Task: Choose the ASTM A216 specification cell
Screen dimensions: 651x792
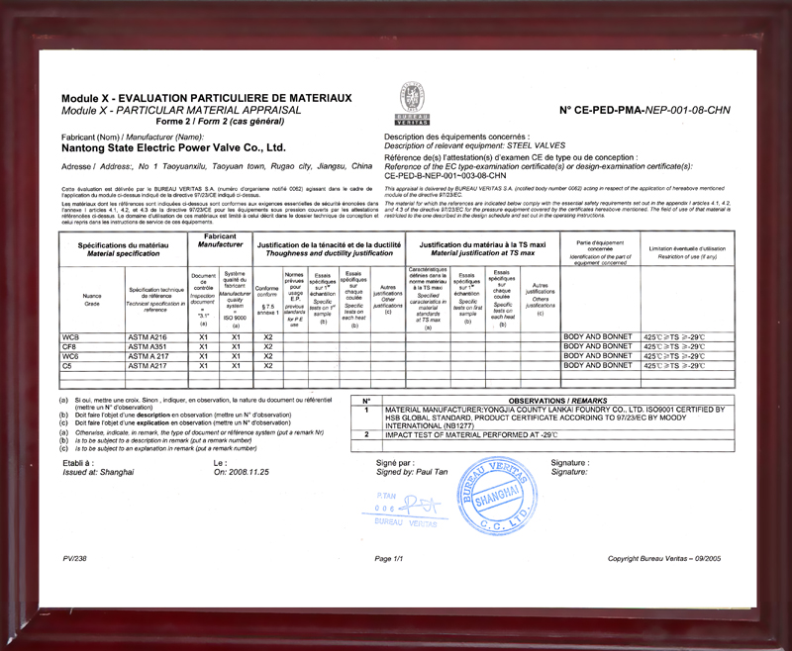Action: click(x=149, y=337)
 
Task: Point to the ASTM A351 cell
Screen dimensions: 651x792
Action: click(x=149, y=347)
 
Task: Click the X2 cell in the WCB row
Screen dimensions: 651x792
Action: click(x=267, y=337)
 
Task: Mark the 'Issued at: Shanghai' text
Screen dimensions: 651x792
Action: click(x=97, y=473)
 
